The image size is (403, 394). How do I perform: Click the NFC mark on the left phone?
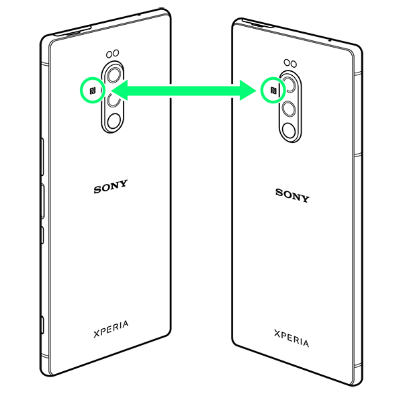pos(92,89)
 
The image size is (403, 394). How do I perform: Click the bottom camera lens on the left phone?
pos(114,121)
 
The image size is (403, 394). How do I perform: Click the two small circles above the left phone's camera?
pos(112,54)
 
